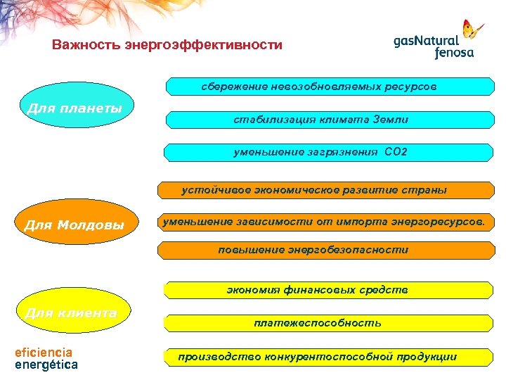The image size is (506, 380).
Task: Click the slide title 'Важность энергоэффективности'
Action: (167, 46)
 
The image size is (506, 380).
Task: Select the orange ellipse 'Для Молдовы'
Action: (74, 225)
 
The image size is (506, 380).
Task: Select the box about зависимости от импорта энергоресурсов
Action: (324, 222)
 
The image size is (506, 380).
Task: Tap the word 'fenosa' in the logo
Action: (454, 52)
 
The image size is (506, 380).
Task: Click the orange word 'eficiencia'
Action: (44, 352)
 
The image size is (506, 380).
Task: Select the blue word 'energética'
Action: (46, 365)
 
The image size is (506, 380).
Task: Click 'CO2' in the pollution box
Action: (396, 151)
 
